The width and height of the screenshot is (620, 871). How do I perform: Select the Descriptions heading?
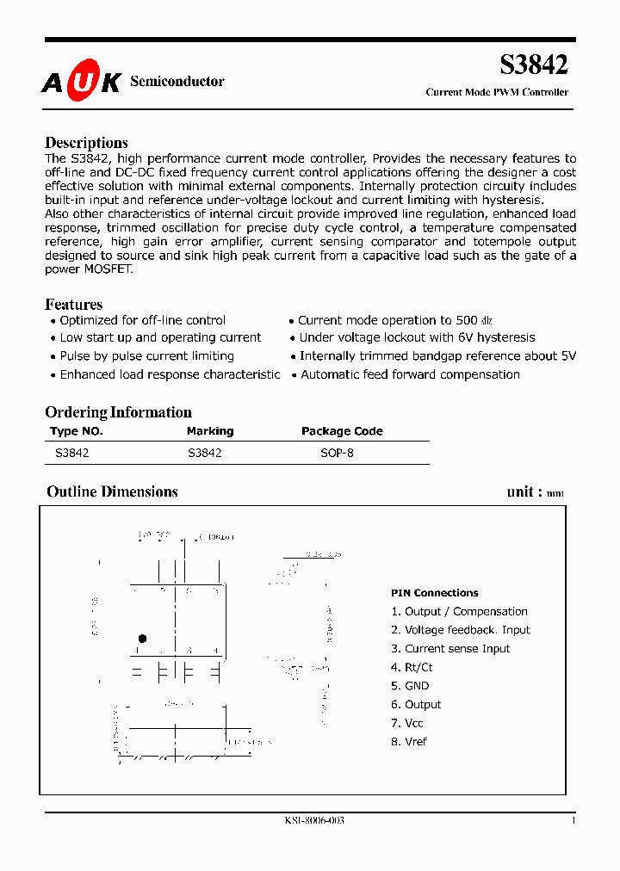[x=86, y=143]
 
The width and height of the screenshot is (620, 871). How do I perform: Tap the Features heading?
[x=73, y=305]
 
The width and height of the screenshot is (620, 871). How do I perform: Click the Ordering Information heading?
[x=118, y=412]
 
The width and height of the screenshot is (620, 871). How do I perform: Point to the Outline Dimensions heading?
[x=112, y=491]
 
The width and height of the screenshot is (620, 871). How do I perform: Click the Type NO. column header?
[x=77, y=431]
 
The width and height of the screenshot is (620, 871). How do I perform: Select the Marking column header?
[x=210, y=431]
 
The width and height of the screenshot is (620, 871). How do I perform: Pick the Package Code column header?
[x=342, y=431]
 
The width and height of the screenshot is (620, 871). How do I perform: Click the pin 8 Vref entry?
[x=409, y=742]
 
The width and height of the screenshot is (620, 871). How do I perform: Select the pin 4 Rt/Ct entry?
[x=412, y=667]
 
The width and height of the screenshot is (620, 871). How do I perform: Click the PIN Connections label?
[x=434, y=593]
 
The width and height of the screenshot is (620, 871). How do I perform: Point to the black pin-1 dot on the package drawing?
[x=142, y=639]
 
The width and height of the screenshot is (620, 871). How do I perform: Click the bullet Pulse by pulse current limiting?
[x=146, y=356]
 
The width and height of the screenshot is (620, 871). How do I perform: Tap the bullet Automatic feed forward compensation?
[x=410, y=374]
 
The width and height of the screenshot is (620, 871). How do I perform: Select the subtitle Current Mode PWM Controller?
[x=497, y=92]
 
